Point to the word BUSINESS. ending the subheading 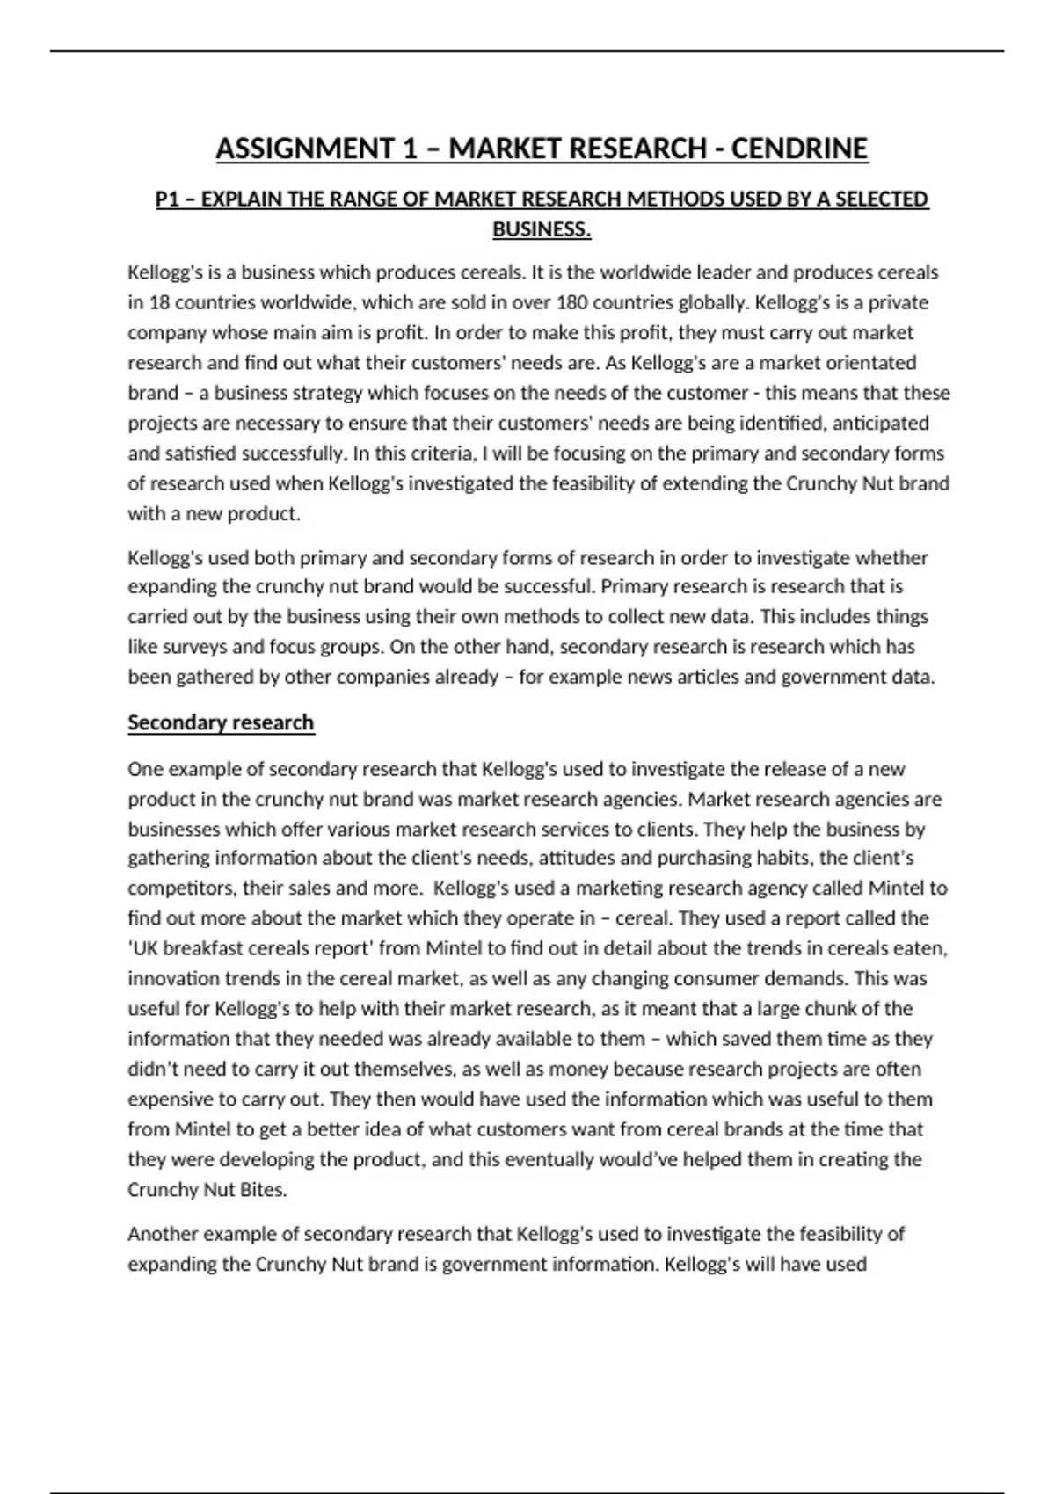tap(542, 229)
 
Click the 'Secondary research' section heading tap(221, 722)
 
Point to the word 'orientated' tap(874, 363)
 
